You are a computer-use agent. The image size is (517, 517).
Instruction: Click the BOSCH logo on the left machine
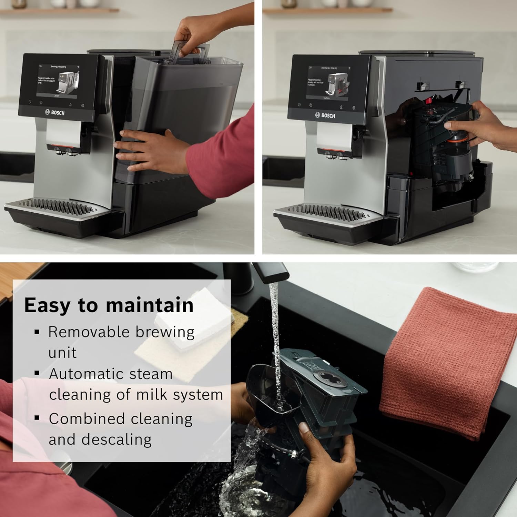click(x=55, y=112)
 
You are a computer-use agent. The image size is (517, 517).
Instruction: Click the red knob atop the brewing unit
click(x=429, y=101)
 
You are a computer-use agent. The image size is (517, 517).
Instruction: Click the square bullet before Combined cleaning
click(x=37, y=418)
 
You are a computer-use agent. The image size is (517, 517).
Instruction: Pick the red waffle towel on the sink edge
click(x=448, y=362)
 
